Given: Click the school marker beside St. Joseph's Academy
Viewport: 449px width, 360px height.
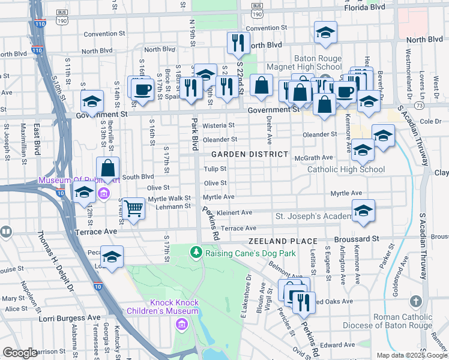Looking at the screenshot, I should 363,211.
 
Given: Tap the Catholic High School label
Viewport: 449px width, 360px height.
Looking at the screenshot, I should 346,169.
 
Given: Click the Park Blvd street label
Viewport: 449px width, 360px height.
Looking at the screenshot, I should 194,134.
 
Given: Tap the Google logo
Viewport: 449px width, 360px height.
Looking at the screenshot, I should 20,353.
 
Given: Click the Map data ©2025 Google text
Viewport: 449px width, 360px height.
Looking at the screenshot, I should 411,355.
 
